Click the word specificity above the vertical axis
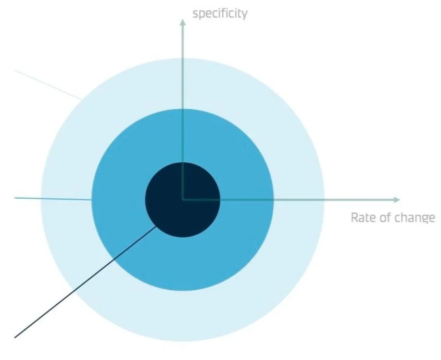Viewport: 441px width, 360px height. coord(220,13)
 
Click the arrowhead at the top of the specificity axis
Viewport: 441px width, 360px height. coord(182,21)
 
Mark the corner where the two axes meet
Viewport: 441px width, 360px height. coord(182,200)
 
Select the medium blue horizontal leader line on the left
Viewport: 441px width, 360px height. coord(52,199)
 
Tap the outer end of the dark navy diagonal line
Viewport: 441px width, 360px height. coord(16,337)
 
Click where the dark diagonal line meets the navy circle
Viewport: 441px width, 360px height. coord(157,226)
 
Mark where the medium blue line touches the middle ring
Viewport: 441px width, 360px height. coord(92,200)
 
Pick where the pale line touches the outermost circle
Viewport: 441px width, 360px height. coord(81,98)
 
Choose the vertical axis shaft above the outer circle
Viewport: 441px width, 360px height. coord(182,42)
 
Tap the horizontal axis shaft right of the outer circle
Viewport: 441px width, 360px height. coord(359,200)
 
